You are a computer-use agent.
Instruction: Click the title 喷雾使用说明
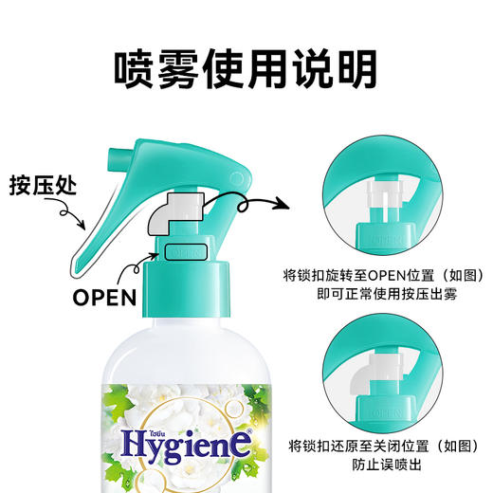tap(246, 68)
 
